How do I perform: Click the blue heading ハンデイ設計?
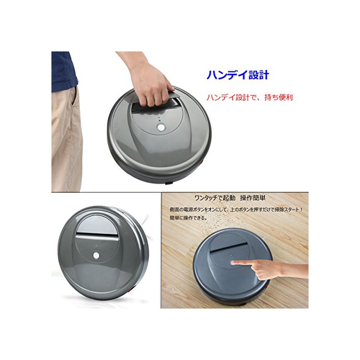click(x=238, y=75)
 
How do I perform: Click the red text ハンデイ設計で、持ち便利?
click(x=249, y=97)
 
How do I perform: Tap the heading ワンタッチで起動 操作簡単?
click(x=229, y=198)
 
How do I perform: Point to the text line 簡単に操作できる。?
click(x=189, y=218)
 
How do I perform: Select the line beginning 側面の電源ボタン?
click(x=236, y=209)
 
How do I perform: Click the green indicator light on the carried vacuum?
click(x=159, y=120)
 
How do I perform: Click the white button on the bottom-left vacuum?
click(x=96, y=255)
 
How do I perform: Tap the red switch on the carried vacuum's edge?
click(x=203, y=163)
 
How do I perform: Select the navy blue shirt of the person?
click(x=64, y=71)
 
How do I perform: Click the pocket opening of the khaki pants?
click(x=73, y=100)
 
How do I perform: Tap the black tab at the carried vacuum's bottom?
click(x=169, y=183)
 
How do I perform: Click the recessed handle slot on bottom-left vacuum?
click(x=97, y=235)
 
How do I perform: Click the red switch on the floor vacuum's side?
click(x=267, y=286)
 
